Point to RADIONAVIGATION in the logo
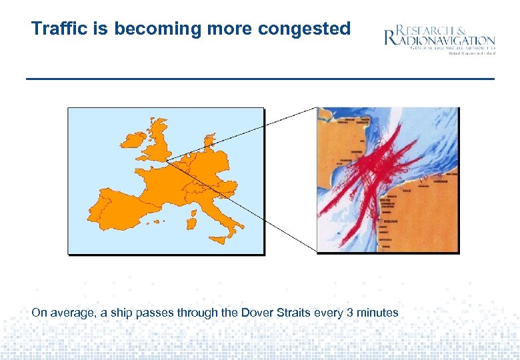[445, 40]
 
